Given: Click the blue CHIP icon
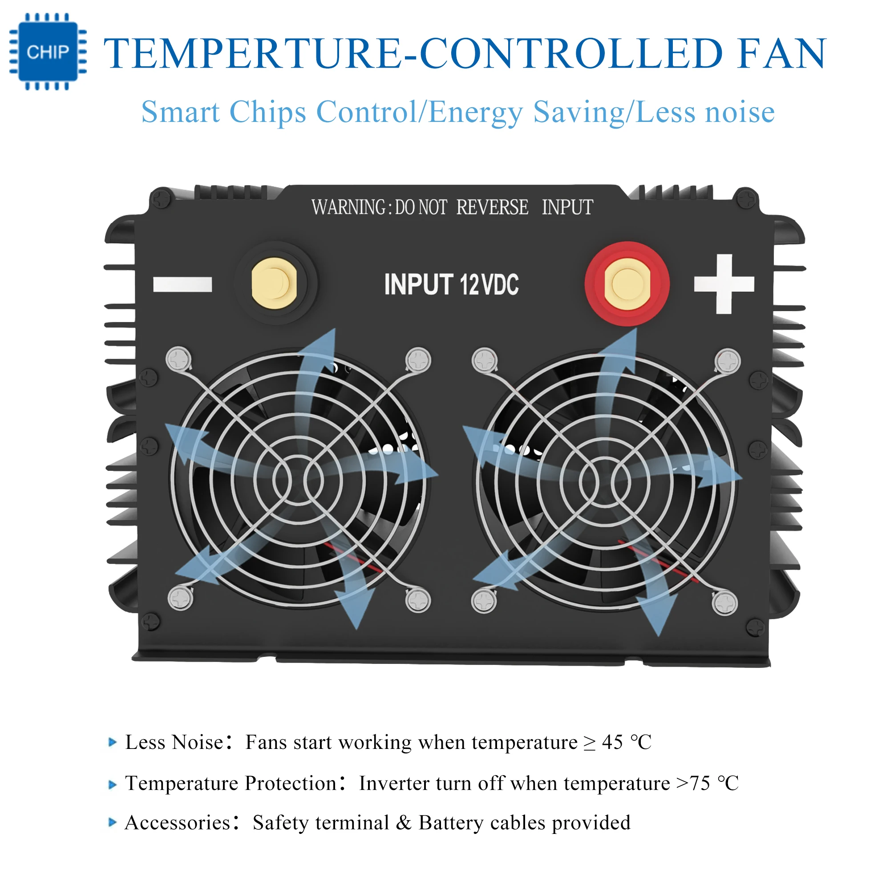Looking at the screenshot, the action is tap(48, 52).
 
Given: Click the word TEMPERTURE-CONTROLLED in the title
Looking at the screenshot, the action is tap(413, 54).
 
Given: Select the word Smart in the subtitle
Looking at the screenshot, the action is tap(180, 112).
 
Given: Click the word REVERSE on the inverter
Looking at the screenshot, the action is tap(492, 207).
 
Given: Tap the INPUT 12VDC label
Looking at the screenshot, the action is tap(451, 284).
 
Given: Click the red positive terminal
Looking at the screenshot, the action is tap(627, 284).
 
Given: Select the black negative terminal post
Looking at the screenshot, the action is tap(275, 283).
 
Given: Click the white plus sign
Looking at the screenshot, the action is tap(724, 284).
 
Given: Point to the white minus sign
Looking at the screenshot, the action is tap(182, 284).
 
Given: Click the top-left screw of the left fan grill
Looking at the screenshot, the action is tap(178, 359).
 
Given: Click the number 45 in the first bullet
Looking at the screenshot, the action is tap(612, 742).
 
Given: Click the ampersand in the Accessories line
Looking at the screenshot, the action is tap(404, 823).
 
